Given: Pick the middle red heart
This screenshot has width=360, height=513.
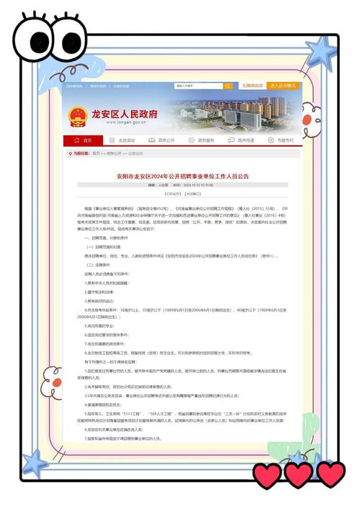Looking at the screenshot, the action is (299, 475).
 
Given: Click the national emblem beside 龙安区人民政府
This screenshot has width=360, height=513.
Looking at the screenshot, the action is (77, 117).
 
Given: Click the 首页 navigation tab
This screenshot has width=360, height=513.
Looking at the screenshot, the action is (83, 140).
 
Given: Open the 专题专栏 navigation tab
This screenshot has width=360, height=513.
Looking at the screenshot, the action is (282, 140).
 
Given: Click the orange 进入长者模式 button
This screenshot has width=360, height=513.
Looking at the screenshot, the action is (282, 86).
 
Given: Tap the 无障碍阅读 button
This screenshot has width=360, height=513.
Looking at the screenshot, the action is (251, 86).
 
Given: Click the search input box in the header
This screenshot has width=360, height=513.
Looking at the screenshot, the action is (197, 86).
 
